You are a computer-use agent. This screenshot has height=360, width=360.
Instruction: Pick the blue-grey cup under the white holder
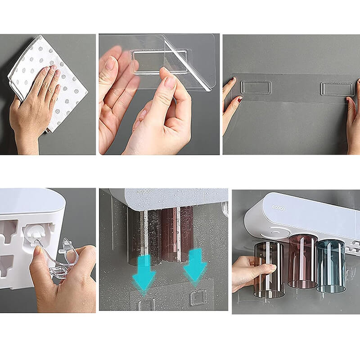330,265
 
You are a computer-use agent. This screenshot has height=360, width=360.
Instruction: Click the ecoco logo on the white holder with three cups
279,207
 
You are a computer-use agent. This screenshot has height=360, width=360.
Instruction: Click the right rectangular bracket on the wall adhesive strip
337,89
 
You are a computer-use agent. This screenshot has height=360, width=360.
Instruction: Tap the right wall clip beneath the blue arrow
198,297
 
